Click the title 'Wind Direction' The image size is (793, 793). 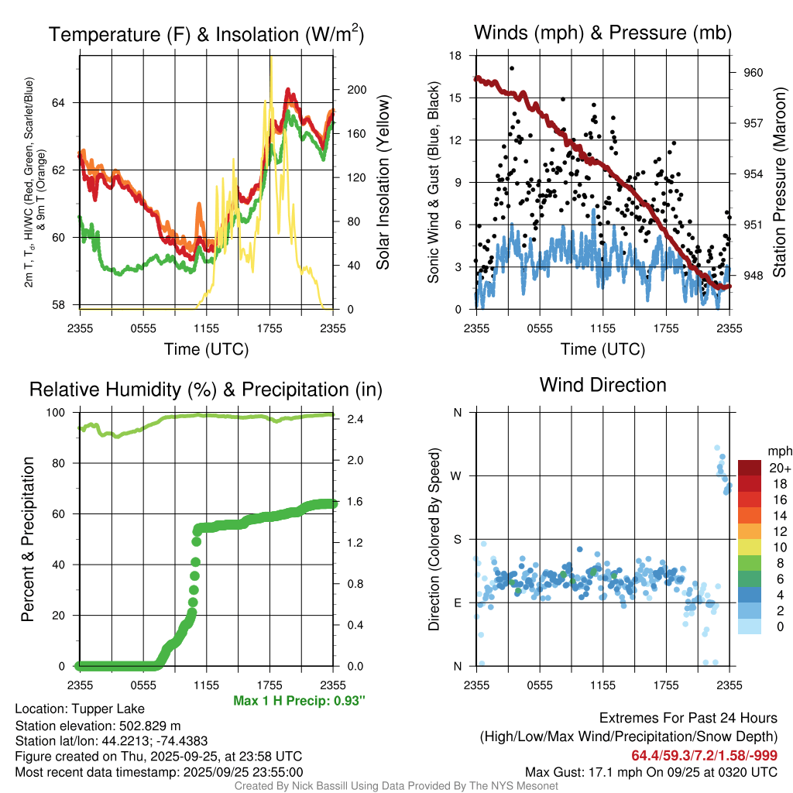pyautogui.click(x=602, y=385)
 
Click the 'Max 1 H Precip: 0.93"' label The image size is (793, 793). pyautogui.click(x=299, y=700)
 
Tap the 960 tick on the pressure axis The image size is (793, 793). pyautogui.click(x=754, y=72)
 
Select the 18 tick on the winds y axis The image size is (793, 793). pyautogui.click(x=456, y=56)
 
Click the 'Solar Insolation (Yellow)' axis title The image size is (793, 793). pyautogui.click(x=383, y=183)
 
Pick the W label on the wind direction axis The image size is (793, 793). pyautogui.click(x=456, y=475)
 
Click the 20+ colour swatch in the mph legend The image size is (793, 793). pyautogui.click(x=750, y=468)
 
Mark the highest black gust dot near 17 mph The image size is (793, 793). pyautogui.click(x=512, y=68)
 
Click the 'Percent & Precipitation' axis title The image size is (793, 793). pyautogui.click(x=28, y=539)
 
